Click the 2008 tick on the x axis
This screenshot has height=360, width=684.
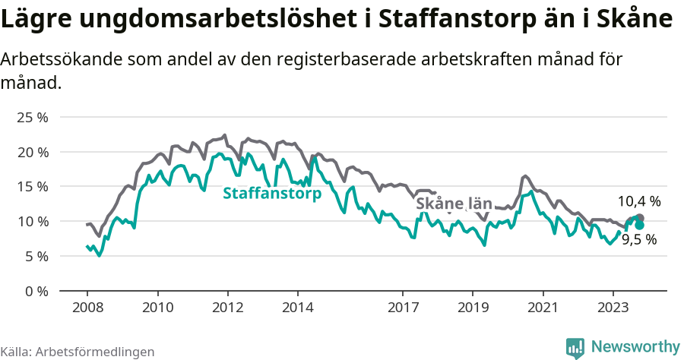(x=87, y=308)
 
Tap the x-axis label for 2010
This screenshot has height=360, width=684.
(x=157, y=308)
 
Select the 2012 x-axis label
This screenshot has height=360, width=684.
(x=227, y=308)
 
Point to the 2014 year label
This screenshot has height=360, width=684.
(x=297, y=308)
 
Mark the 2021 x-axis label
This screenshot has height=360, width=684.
(x=543, y=308)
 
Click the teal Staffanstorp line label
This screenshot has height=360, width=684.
(x=272, y=194)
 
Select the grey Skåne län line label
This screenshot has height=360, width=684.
(x=454, y=204)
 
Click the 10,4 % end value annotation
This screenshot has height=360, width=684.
(x=638, y=201)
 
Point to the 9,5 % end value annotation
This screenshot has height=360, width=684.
(x=639, y=239)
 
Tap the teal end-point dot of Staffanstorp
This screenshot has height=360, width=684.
(x=639, y=225)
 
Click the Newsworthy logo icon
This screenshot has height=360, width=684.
(x=575, y=347)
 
